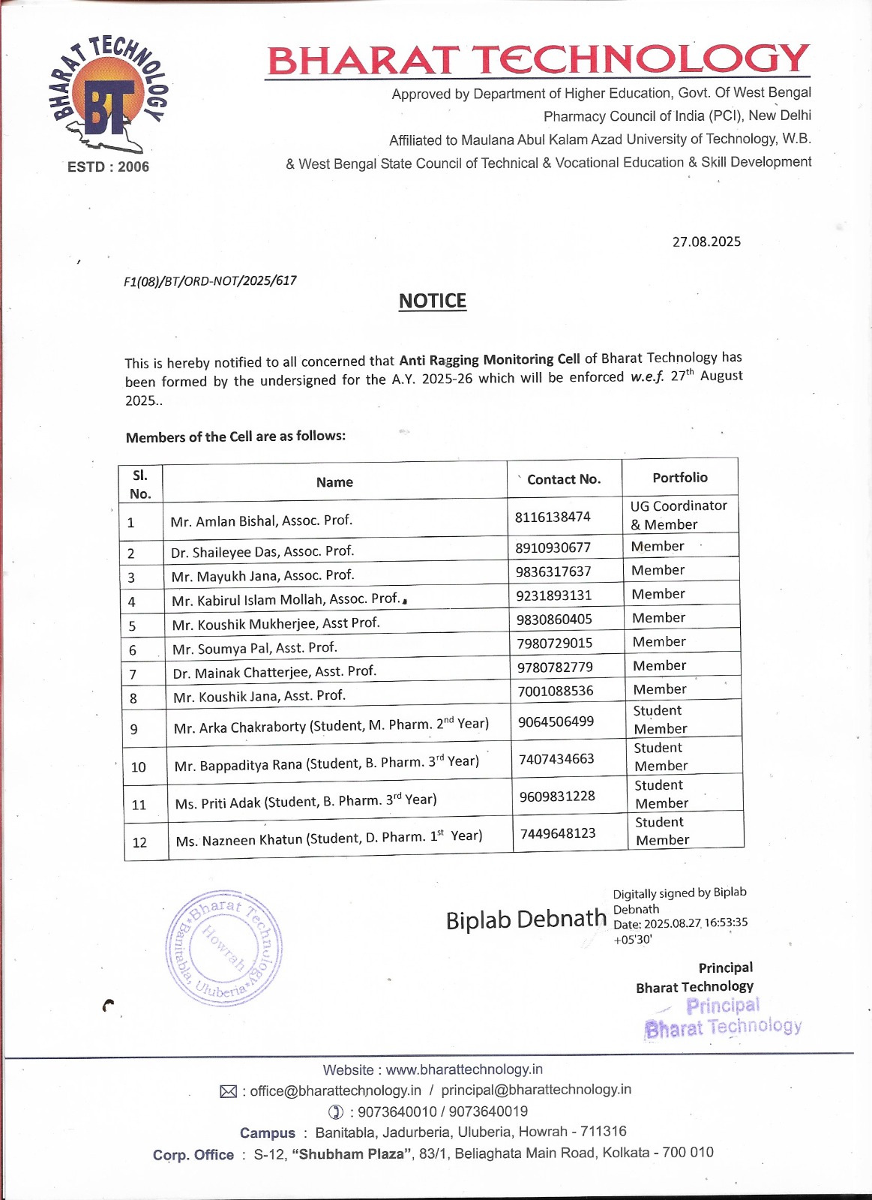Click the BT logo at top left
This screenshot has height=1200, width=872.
pyautogui.click(x=109, y=93)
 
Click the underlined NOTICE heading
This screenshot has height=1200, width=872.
pyautogui.click(x=433, y=301)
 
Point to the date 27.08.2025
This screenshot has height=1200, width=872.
pyautogui.click(x=706, y=241)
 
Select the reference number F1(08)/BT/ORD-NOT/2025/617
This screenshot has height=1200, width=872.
pyautogui.click(x=210, y=280)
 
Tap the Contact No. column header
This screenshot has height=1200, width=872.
pyautogui.click(x=564, y=479)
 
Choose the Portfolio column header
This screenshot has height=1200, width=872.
pyautogui.click(x=680, y=478)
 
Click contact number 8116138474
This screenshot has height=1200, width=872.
pyautogui.click(x=553, y=517)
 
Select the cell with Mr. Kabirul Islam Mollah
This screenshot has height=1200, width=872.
pyautogui.click(x=286, y=599)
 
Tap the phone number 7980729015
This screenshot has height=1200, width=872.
pyautogui.click(x=555, y=643)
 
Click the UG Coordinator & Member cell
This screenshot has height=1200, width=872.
pyautogui.click(x=679, y=515)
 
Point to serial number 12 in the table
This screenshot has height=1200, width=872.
pyautogui.click(x=139, y=842)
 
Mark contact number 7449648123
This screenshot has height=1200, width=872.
pyautogui.click(x=558, y=833)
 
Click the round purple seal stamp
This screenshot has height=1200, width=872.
pyautogui.click(x=223, y=948)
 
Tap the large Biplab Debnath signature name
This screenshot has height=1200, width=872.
pyautogui.click(x=526, y=919)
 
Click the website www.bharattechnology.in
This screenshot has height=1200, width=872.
pyautogui.click(x=464, y=1069)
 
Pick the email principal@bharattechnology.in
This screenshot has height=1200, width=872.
pyautogui.click(x=536, y=1090)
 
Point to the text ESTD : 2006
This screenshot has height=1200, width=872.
pyautogui.click(x=108, y=166)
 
